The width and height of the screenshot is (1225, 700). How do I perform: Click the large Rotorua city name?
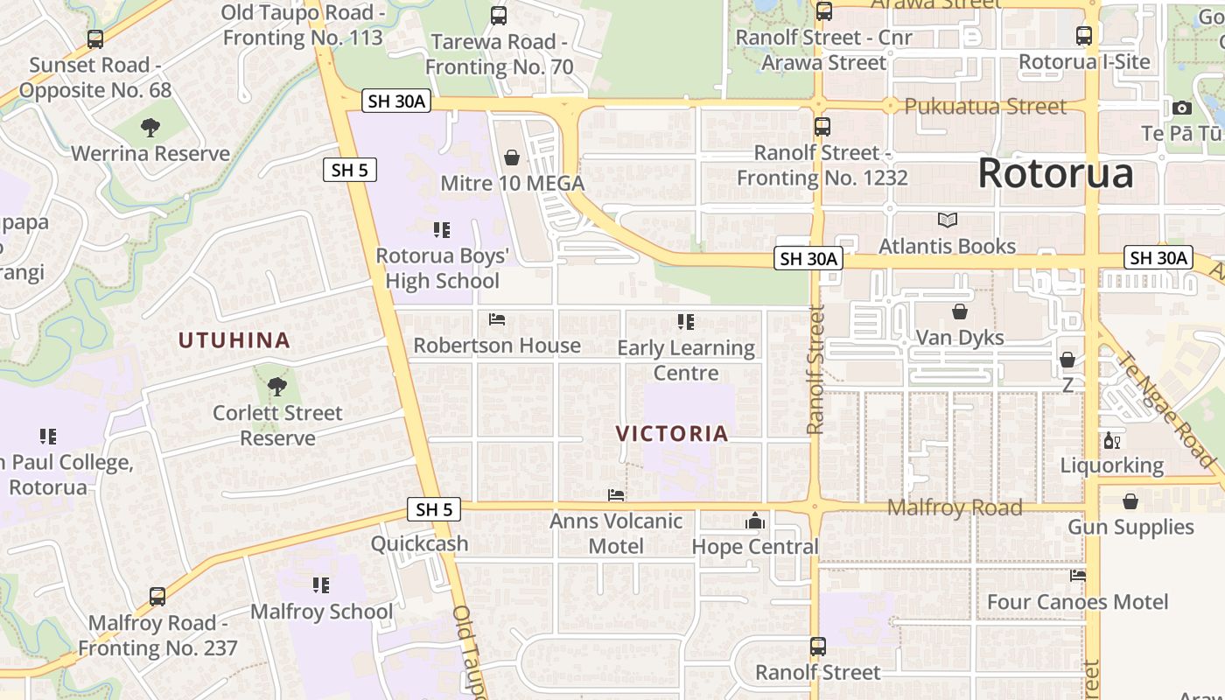[1055, 173]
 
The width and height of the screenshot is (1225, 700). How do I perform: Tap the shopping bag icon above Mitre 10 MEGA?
[512, 157]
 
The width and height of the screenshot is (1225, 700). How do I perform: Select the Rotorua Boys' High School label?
[442, 269]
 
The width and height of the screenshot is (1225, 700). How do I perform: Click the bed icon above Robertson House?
[497, 319]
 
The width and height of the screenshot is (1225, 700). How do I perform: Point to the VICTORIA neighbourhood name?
[672, 434]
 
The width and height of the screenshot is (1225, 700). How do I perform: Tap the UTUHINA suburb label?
[234, 340]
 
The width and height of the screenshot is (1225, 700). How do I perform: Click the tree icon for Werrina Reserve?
[150, 128]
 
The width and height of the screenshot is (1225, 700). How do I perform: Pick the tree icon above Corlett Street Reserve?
[277, 386]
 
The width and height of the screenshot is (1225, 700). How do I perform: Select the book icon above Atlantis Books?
[948, 220]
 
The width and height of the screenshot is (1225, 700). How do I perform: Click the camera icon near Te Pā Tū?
[1182, 108]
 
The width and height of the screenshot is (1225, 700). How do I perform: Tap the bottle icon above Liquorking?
[1112, 440]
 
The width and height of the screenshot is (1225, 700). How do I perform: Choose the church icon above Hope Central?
[755, 521]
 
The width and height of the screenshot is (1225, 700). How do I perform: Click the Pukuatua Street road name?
[985, 107]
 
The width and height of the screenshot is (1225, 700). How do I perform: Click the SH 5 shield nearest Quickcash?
[434, 509]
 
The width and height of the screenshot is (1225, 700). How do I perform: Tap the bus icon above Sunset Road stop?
[95, 39]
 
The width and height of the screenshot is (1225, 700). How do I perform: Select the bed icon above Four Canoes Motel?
[1078, 576]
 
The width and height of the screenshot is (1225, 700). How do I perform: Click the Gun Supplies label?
[1130, 527]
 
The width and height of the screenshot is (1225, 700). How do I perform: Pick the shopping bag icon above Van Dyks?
[960, 312]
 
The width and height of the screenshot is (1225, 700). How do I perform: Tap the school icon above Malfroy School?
[321, 584]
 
